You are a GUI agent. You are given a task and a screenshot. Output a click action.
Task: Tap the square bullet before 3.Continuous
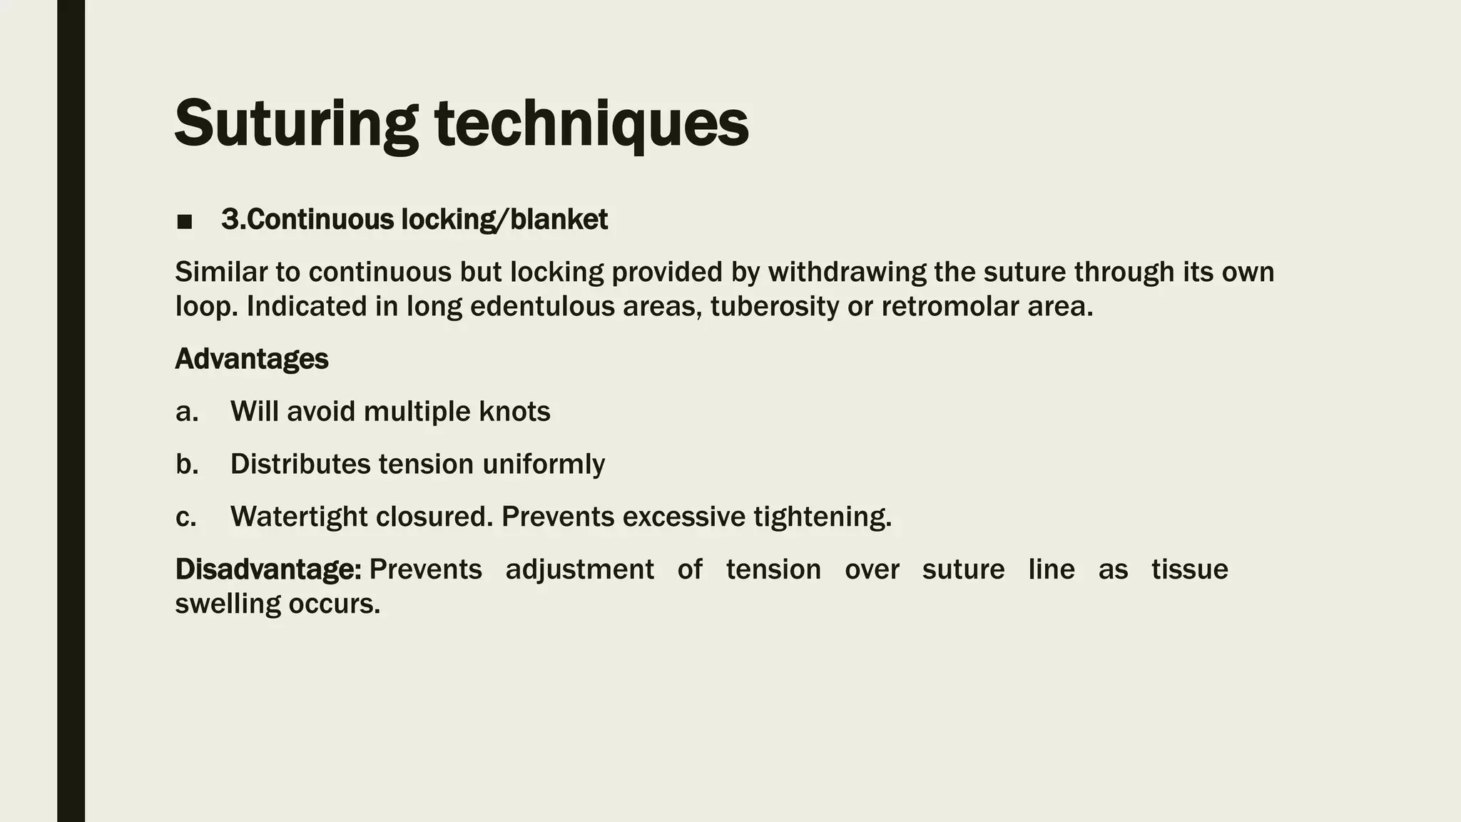[x=185, y=222]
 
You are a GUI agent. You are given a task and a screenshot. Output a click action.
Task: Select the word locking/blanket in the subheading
[x=504, y=220]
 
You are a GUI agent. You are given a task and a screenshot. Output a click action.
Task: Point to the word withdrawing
[x=846, y=272]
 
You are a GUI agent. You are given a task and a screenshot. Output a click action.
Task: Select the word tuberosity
[x=773, y=306]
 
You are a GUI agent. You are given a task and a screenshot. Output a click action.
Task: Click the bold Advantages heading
[x=251, y=359]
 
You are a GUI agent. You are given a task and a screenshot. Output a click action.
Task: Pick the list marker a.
[x=186, y=412]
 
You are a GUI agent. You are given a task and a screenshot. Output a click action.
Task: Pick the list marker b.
[x=186, y=465]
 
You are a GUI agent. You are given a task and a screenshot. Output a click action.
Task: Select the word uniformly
[x=544, y=465]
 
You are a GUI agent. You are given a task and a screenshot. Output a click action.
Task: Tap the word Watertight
[x=298, y=517]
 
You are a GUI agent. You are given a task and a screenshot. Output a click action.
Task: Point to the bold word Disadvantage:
[x=268, y=569]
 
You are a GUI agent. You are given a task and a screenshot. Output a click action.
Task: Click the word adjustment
[x=579, y=569]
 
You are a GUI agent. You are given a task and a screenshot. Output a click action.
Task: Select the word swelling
[x=228, y=604]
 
